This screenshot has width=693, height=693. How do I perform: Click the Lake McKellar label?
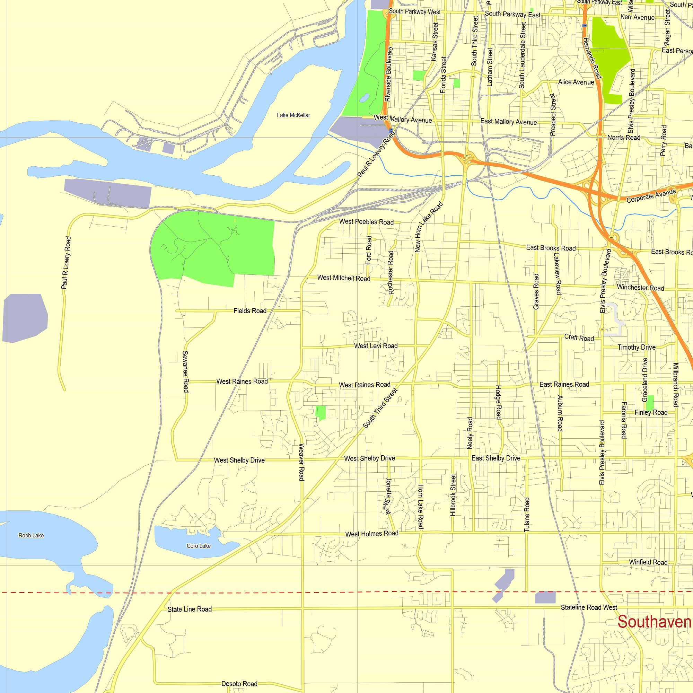pos(293,115)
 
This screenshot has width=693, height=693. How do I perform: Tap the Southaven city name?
pos(654,622)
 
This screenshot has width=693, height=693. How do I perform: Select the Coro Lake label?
pos(198,546)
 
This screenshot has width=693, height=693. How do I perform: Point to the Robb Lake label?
pos(31,536)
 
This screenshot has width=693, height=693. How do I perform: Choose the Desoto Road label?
pos(239,684)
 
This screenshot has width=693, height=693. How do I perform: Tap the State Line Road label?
pos(190,609)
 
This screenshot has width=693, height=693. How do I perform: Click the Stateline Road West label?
pos(589,607)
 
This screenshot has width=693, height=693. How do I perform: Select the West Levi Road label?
pos(376,346)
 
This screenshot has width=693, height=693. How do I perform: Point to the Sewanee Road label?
pos(185,371)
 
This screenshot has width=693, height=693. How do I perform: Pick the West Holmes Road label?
pos(371,534)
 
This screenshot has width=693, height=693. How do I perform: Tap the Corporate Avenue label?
pos(651,196)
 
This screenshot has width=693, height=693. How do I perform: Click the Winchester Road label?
pos(640,288)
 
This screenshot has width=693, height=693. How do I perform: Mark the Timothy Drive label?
pos(636,347)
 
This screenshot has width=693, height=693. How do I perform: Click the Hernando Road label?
pos(591,58)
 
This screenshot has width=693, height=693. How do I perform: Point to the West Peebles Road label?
pos(366,222)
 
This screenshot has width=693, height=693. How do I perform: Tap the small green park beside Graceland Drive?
pos(650,402)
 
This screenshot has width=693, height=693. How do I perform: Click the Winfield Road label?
pos(648,562)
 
